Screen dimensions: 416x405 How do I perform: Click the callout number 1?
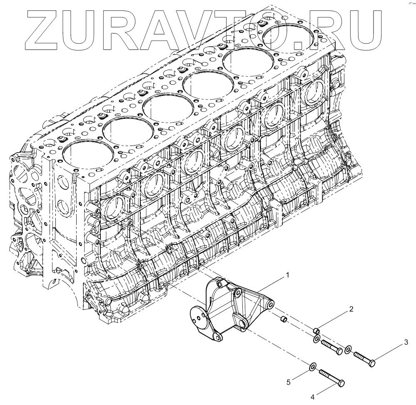pos(287,276)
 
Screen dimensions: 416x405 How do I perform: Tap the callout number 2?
pos(351,309)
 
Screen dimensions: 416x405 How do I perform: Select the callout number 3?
pos(406,343)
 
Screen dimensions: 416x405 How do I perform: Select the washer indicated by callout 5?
pos(312,367)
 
